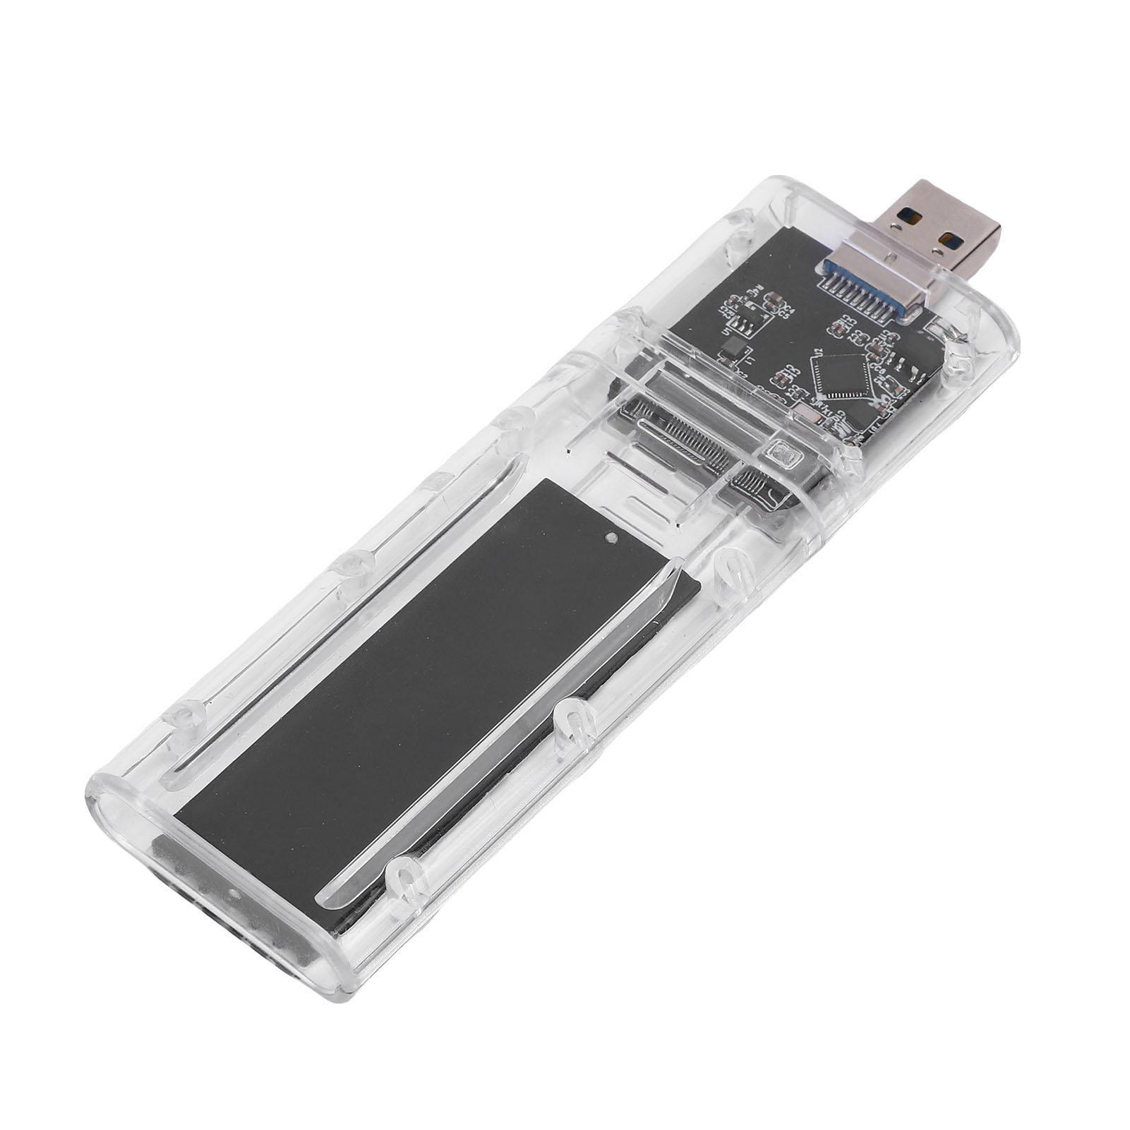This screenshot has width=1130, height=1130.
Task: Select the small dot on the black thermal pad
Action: click(610, 538)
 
